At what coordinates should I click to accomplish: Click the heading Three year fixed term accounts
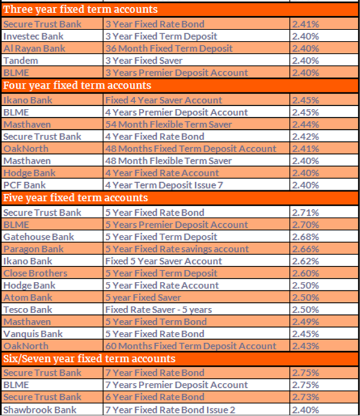[x=81, y=10]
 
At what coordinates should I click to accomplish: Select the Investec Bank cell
[x=30, y=36]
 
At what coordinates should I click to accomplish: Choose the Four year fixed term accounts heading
[x=77, y=85]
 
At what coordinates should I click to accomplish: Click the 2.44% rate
[x=305, y=124]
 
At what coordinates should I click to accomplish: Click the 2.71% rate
[x=305, y=212]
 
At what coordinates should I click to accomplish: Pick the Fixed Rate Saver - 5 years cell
[x=157, y=310]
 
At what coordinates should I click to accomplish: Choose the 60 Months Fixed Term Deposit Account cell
[x=191, y=346]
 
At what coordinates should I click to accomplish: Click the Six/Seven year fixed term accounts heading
[x=89, y=359]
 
